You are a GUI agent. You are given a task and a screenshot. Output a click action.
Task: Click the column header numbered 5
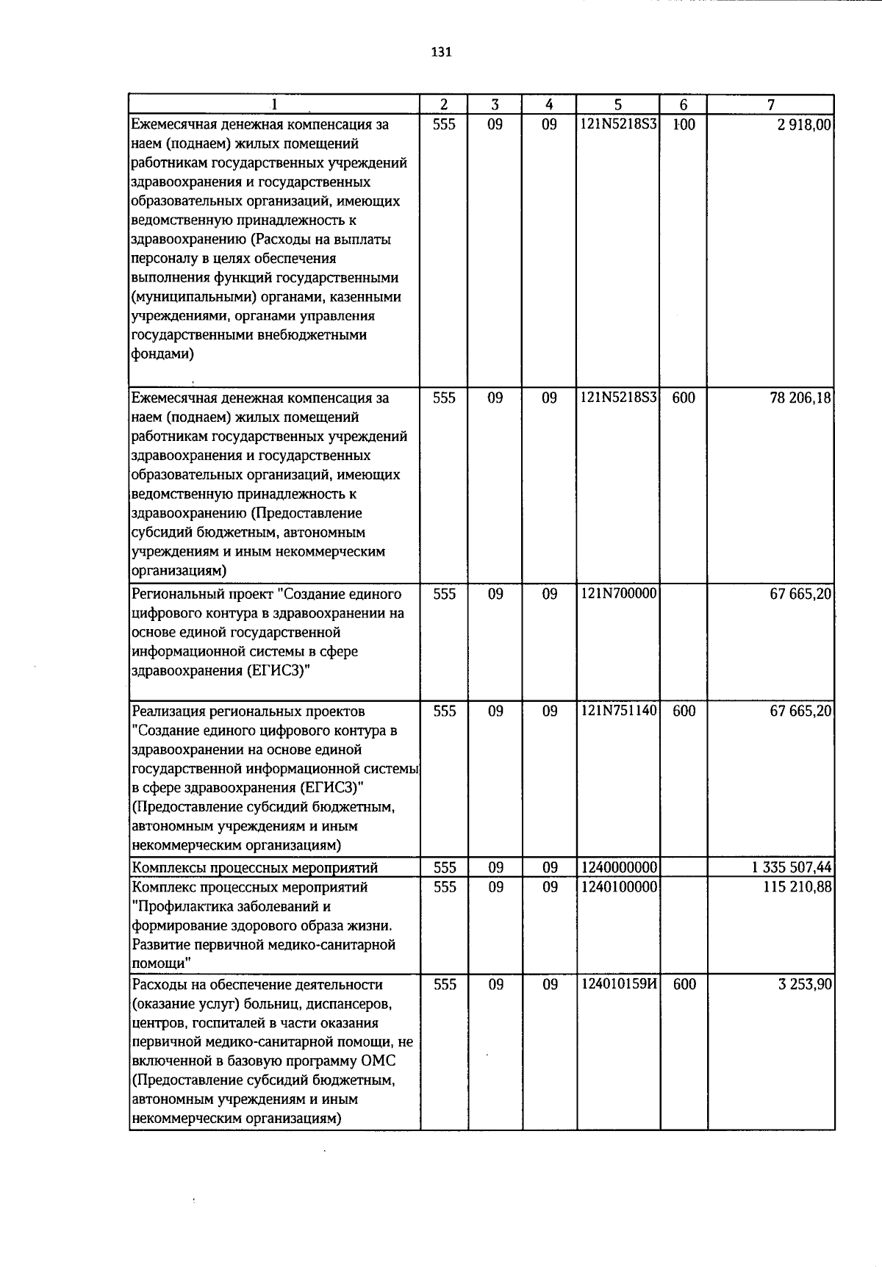click(618, 104)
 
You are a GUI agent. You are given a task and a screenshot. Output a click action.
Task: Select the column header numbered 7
click(770, 104)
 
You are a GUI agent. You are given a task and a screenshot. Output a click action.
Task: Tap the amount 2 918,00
click(804, 125)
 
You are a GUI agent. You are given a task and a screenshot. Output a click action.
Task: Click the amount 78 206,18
click(800, 398)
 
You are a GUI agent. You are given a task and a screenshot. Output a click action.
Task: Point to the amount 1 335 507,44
click(792, 868)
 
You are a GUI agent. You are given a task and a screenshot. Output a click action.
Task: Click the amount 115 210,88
click(797, 887)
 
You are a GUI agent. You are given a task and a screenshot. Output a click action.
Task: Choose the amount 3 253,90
click(805, 984)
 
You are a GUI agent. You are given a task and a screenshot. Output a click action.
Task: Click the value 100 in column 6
click(684, 125)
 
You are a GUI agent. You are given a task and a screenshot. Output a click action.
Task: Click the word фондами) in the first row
click(162, 354)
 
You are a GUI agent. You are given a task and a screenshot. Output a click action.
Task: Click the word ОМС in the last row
click(379, 1061)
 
